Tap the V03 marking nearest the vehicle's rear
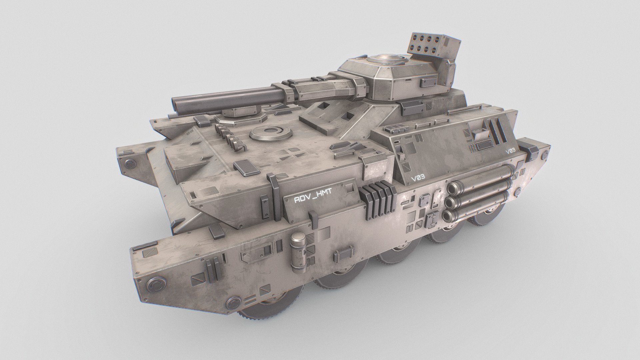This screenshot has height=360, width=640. click(x=510, y=151)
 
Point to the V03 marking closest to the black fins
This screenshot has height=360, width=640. click(x=418, y=178)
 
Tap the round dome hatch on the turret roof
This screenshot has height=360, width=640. click(x=388, y=60)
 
